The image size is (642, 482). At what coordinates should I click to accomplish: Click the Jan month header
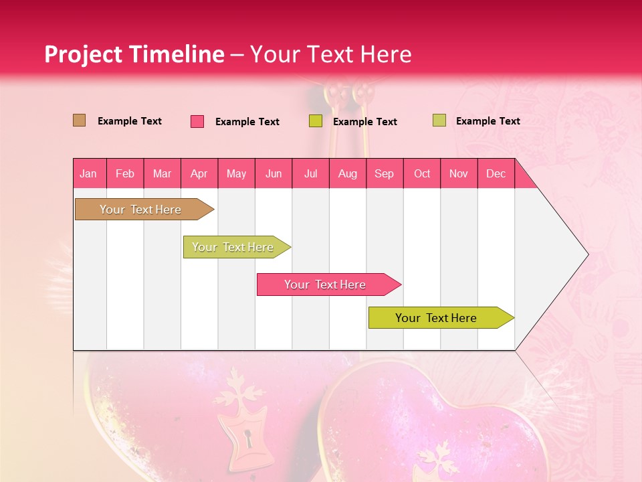click(88, 173)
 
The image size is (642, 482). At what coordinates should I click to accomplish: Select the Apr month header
click(199, 173)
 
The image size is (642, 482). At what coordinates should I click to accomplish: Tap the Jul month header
click(310, 173)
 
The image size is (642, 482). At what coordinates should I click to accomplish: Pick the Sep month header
click(384, 173)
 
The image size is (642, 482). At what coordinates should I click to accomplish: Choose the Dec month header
click(496, 173)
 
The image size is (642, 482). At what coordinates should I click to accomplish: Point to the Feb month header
click(125, 173)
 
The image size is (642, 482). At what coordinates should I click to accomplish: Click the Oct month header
click(422, 173)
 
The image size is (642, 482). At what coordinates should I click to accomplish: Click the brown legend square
click(80, 120)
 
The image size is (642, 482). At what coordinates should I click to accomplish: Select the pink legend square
click(197, 121)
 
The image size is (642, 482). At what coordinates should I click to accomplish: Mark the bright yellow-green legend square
click(316, 121)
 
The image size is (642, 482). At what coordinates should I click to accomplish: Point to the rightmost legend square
click(439, 120)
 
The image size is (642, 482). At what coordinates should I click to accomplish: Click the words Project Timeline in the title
click(134, 54)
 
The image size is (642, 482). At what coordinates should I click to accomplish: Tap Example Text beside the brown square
click(130, 121)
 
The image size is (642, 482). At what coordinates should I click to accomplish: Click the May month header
click(236, 173)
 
